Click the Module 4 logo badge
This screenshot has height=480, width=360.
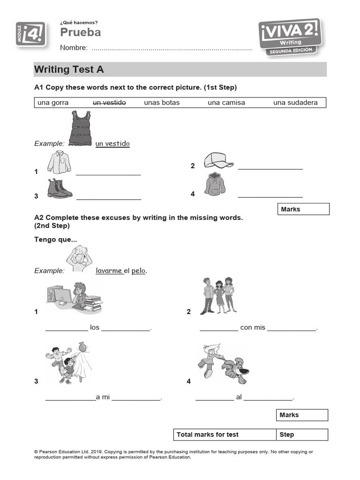(30, 34)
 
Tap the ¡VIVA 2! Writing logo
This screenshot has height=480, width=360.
(290, 37)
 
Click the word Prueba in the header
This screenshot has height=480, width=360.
(80, 32)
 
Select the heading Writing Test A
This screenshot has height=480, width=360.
(69, 70)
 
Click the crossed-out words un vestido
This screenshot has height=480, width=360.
(109, 103)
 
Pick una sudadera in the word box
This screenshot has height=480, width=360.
(295, 103)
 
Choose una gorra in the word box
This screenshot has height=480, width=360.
(53, 103)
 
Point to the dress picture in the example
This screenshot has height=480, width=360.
(80, 128)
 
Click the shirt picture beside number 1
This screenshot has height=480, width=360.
(59, 162)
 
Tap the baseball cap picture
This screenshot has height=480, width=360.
(218, 161)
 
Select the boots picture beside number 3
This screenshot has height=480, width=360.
(60, 188)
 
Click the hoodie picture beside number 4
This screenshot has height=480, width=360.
(215, 184)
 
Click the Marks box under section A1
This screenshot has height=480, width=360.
(304, 209)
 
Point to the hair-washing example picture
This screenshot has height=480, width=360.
(80, 259)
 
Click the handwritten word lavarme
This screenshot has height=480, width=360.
(109, 270)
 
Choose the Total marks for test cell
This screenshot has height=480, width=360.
(225, 435)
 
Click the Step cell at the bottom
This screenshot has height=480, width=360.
(302, 435)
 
